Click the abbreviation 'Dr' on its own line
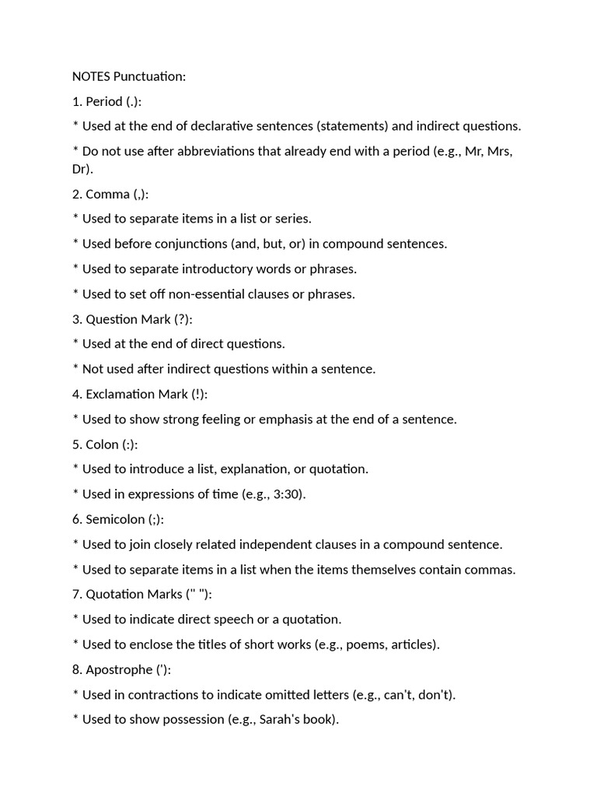pos(80,169)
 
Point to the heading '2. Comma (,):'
pos(110,194)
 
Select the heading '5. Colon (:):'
pos(106,444)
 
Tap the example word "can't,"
pos(400,694)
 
